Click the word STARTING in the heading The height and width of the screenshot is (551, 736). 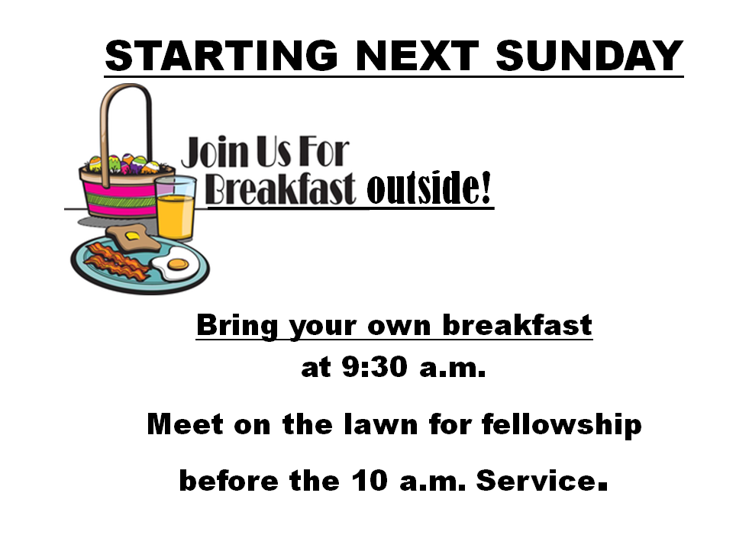pyautogui.click(x=221, y=56)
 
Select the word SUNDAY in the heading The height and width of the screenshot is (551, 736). pyautogui.click(x=589, y=56)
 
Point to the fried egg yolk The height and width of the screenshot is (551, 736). pyautogui.click(x=178, y=264)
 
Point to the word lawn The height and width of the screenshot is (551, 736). pyautogui.click(x=381, y=424)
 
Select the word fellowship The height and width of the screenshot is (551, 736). pyautogui.click(x=561, y=425)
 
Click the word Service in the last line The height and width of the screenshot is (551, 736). pyautogui.click(x=536, y=481)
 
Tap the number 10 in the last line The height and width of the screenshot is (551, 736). pyautogui.click(x=370, y=481)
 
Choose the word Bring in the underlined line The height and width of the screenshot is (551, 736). pyautogui.click(x=237, y=326)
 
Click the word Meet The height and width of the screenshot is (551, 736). pyautogui.click(x=185, y=424)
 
